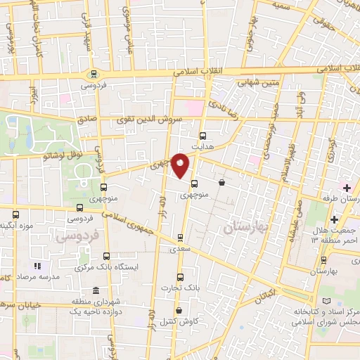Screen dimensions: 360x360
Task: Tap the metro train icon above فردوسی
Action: [93, 74]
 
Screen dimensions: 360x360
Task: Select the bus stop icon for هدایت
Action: [203, 136]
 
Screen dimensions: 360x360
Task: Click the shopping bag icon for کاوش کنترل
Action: [179, 310]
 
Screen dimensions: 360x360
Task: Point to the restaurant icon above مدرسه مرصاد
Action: [38, 266]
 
